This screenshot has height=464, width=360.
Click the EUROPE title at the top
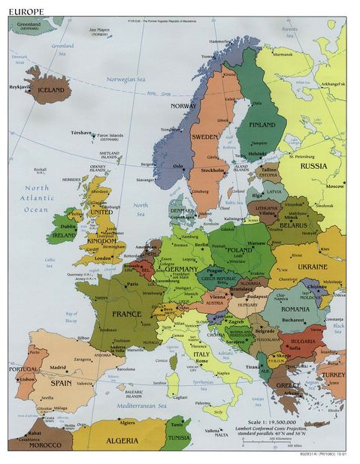26,11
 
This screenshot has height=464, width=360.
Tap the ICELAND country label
51,90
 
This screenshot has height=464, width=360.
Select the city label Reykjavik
20,86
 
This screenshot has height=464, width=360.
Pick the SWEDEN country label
204,137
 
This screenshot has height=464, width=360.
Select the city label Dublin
68,226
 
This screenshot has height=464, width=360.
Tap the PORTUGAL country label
23,369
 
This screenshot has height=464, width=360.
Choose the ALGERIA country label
122,441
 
